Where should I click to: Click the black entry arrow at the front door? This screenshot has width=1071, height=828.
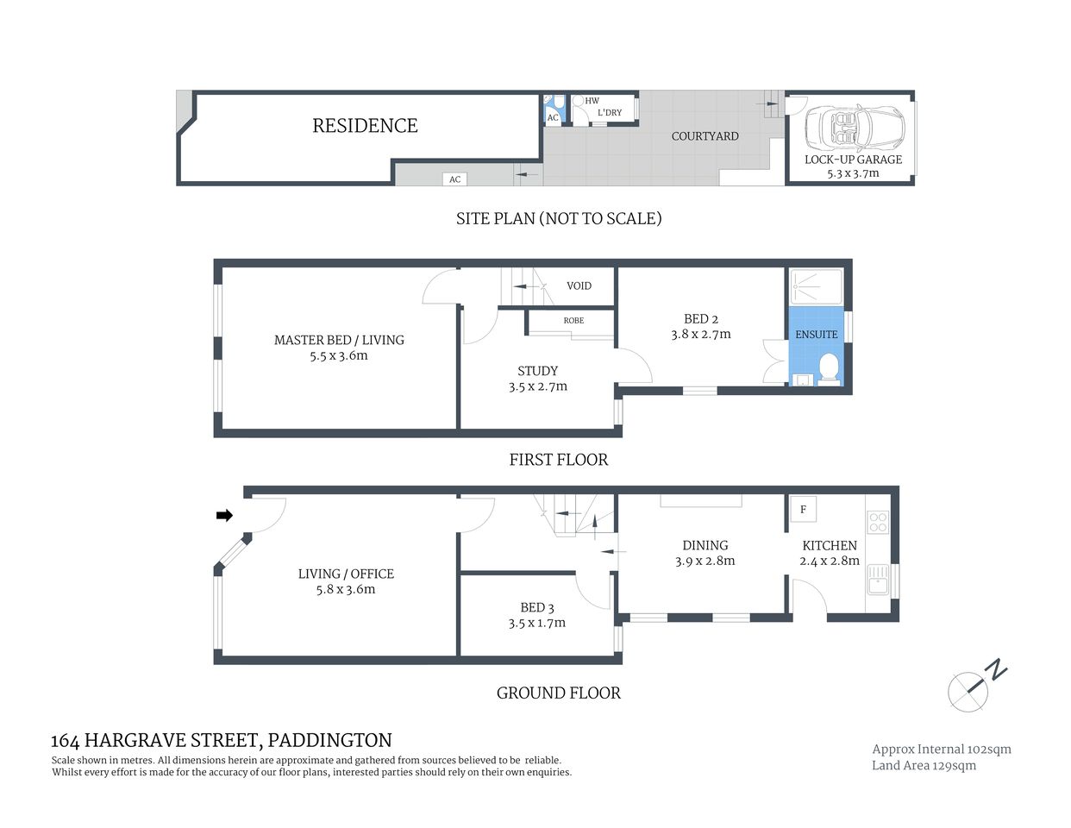click(x=224, y=515)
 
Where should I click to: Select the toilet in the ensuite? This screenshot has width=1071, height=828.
click(x=830, y=367)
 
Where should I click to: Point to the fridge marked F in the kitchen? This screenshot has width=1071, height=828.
click(x=803, y=509)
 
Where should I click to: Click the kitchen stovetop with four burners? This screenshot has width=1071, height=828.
click(x=878, y=521)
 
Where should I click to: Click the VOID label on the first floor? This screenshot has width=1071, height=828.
click(x=579, y=285)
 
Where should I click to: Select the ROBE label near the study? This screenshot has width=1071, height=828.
click(x=573, y=320)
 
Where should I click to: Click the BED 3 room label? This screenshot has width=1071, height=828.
click(x=537, y=607)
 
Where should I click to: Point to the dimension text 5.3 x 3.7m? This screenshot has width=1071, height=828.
click(x=853, y=172)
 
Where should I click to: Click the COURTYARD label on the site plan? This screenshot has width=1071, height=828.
click(x=705, y=135)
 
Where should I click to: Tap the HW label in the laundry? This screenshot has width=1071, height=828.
click(x=592, y=101)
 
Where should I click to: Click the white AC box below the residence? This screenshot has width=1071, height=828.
click(x=454, y=179)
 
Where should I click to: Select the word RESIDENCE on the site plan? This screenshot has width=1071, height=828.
click(x=365, y=126)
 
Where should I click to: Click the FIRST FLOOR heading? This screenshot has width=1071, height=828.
click(x=558, y=460)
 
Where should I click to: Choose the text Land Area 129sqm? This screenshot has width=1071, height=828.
click(x=924, y=765)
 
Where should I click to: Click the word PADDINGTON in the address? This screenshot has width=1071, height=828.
click(x=329, y=740)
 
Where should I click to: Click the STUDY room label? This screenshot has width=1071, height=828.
click(x=537, y=371)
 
